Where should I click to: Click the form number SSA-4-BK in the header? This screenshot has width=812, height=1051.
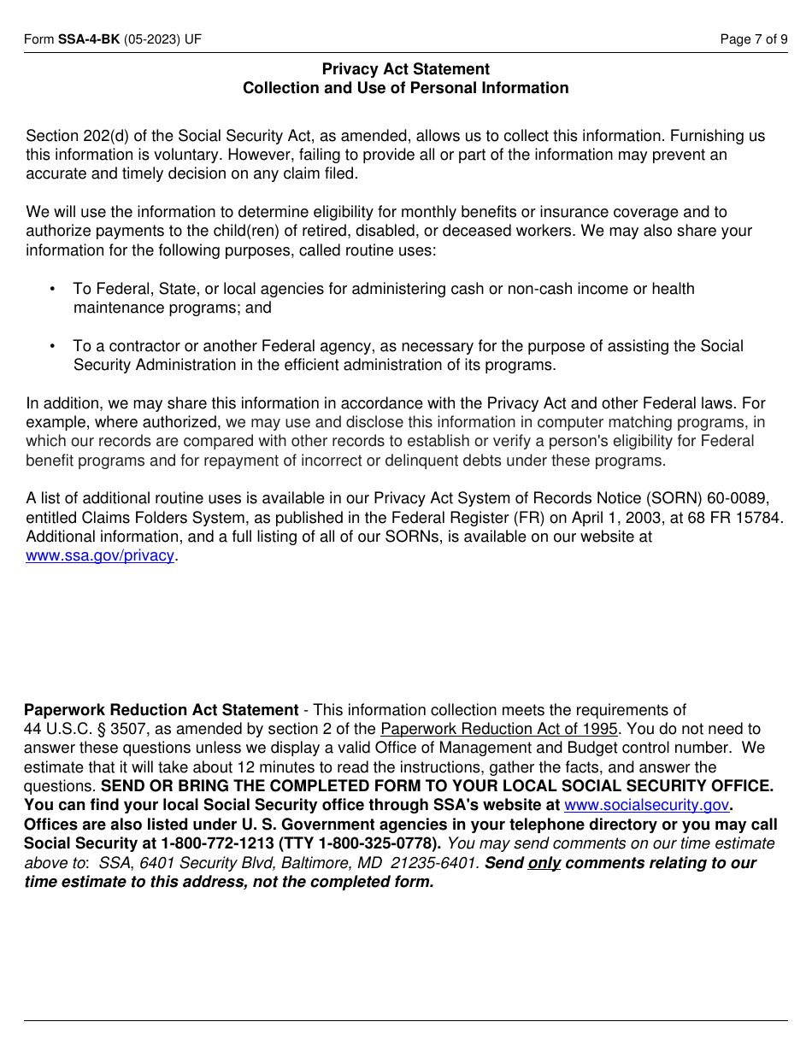click(x=89, y=39)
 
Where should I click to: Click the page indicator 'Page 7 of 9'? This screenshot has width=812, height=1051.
click(x=754, y=39)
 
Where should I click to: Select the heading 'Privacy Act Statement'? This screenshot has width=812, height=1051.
click(x=406, y=69)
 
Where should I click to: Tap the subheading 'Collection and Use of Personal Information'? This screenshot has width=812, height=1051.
click(x=406, y=88)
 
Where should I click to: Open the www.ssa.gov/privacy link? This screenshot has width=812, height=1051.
click(x=100, y=555)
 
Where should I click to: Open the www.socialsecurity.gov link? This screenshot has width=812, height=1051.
click(x=646, y=805)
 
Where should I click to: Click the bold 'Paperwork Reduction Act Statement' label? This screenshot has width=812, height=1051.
click(x=161, y=710)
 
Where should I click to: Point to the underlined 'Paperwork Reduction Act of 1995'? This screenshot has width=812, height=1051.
click(x=498, y=729)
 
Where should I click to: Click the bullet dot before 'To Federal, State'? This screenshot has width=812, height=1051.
click(x=53, y=289)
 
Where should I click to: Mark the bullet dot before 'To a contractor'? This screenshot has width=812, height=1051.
click(x=53, y=346)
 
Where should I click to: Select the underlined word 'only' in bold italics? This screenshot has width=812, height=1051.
click(x=544, y=863)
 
